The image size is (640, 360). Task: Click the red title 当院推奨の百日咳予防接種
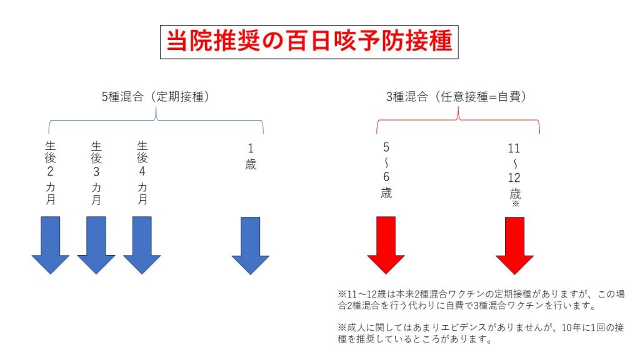point(309,41)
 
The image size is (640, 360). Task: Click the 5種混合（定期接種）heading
point(156,97)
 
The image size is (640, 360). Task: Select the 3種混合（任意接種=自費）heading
point(456,97)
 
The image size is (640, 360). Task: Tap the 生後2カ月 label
point(50,172)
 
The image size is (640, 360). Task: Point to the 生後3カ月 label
point(96,172)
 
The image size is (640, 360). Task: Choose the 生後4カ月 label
point(142,172)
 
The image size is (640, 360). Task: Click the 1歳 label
point(251,156)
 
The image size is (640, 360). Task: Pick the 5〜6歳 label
point(386,170)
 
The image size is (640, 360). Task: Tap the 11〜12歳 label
point(514,171)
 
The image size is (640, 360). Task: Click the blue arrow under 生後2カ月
point(50,245)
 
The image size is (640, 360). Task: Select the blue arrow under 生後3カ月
point(96,245)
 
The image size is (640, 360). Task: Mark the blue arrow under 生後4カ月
point(142,245)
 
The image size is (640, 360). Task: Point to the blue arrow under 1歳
point(250,245)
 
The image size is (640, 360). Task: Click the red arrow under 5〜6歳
point(386,245)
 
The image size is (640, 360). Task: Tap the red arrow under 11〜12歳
point(515,245)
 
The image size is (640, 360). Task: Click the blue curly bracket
point(156,120)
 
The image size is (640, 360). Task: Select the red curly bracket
point(458,120)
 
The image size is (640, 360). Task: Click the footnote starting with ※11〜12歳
point(481,299)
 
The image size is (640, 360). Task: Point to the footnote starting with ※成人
point(481,333)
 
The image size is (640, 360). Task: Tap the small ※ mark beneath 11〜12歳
point(515,204)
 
